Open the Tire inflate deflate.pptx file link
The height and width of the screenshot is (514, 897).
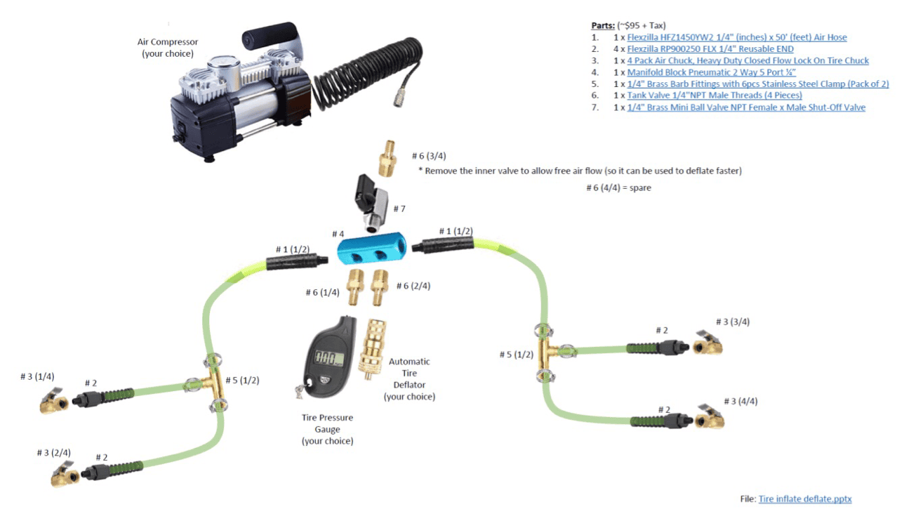(804, 499)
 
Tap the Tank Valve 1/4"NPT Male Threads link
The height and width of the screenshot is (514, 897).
(715, 95)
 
